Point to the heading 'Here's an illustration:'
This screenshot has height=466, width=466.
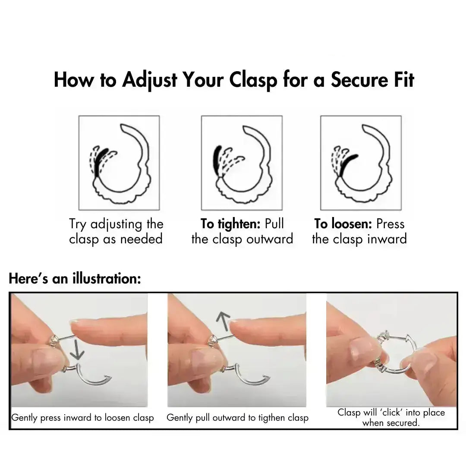pyautogui.click(x=75, y=279)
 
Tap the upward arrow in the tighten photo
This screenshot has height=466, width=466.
pyautogui.click(x=223, y=322)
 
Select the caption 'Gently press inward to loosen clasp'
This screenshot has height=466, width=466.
pyautogui.click(x=82, y=418)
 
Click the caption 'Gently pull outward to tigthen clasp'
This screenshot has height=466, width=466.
pyautogui.click(x=237, y=418)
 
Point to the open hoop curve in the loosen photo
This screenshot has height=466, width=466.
pyautogui.click(x=93, y=379)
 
